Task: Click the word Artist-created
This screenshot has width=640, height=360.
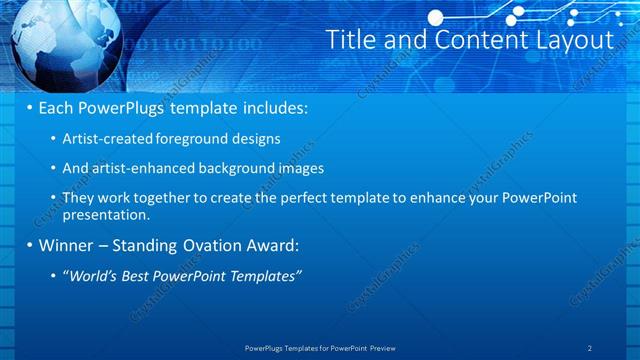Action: point(103,139)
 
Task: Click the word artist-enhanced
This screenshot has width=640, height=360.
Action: point(135,168)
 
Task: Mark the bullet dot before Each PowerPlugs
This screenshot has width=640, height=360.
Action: point(29,106)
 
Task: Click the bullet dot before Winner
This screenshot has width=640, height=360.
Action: point(29,244)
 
